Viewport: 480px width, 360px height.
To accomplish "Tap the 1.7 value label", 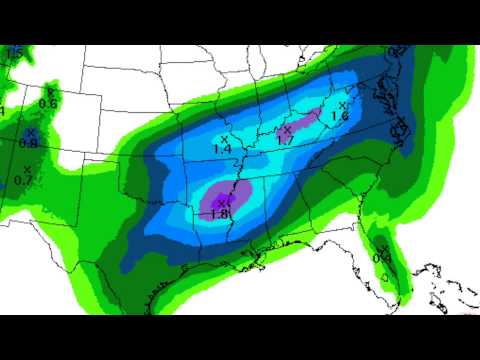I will (285, 141).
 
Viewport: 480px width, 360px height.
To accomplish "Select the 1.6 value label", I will (339, 117).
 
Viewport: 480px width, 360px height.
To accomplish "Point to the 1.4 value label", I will (222, 149).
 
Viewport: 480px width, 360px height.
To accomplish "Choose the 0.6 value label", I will (47, 104).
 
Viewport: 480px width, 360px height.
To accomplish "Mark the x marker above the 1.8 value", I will (222, 203).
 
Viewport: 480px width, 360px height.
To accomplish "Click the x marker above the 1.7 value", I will (286, 129).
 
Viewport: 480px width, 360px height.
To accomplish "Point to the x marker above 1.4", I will (223, 137).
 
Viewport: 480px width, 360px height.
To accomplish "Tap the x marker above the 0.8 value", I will (30, 132).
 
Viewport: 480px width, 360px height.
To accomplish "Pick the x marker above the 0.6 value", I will (50, 93).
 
